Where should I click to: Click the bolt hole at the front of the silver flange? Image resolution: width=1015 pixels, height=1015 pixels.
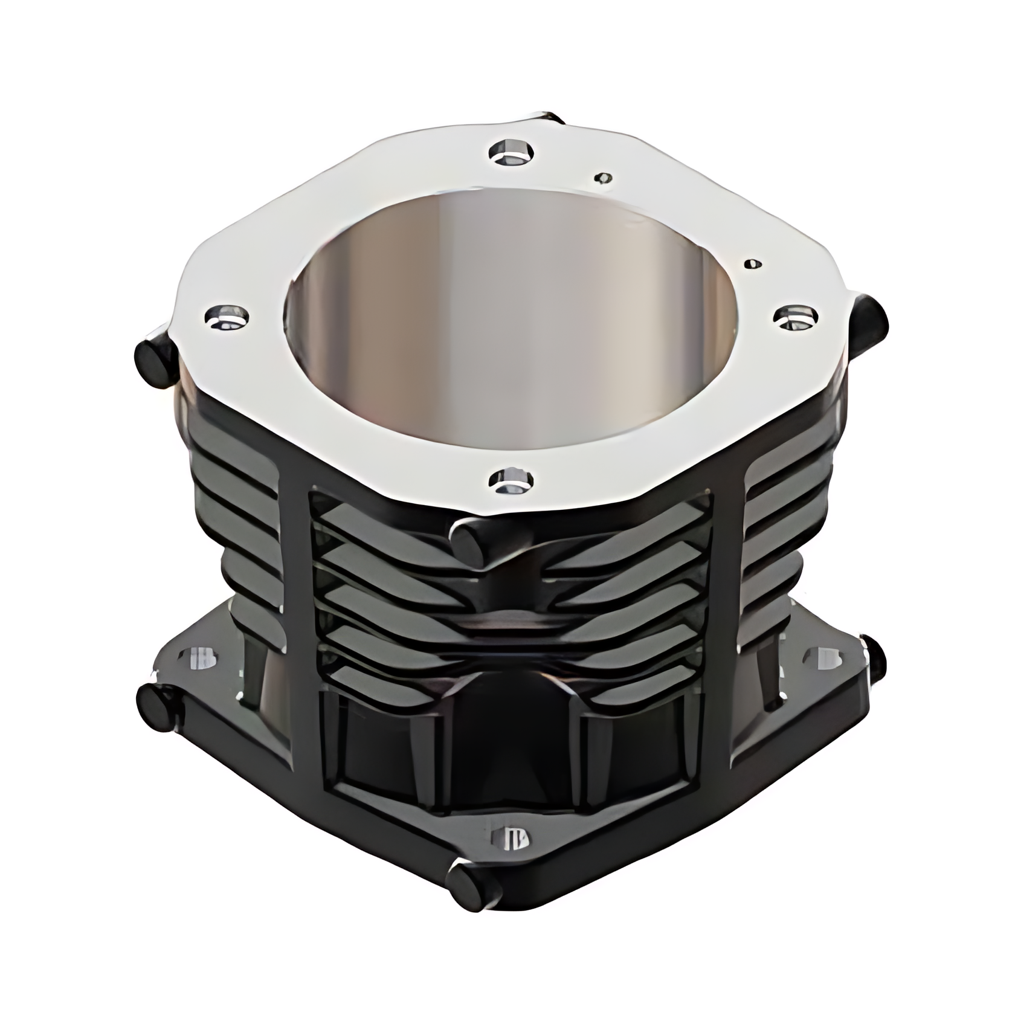pos(511,481)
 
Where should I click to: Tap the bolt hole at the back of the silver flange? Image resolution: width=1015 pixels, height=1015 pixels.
pos(511,151)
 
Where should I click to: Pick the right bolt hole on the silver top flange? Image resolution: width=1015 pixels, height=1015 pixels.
pos(796,317)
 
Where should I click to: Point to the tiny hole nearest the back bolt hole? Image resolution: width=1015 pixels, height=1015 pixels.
pos(603,178)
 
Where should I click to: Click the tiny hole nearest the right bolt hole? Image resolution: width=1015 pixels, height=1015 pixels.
pos(753,263)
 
